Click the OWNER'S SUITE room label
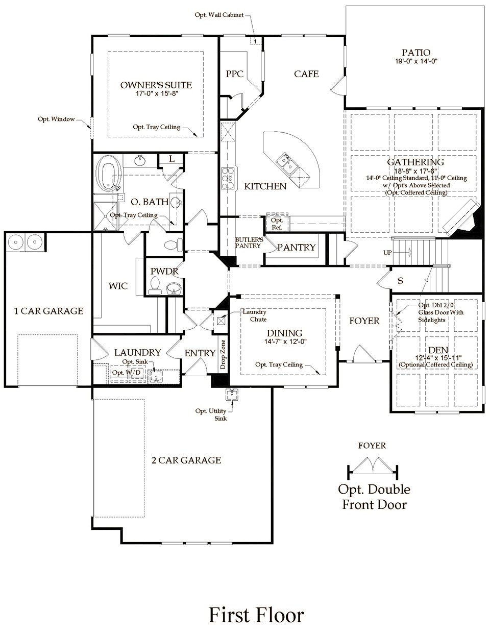(x=156, y=85)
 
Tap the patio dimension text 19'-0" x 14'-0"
(x=416, y=61)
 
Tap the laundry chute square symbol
(x=221, y=322)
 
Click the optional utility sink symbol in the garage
(x=232, y=394)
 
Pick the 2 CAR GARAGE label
(x=186, y=460)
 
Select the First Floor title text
(x=256, y=615)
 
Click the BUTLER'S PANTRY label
(x=249, y=242)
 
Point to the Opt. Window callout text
(x=56, y=119)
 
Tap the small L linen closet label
(x=172, y=159)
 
